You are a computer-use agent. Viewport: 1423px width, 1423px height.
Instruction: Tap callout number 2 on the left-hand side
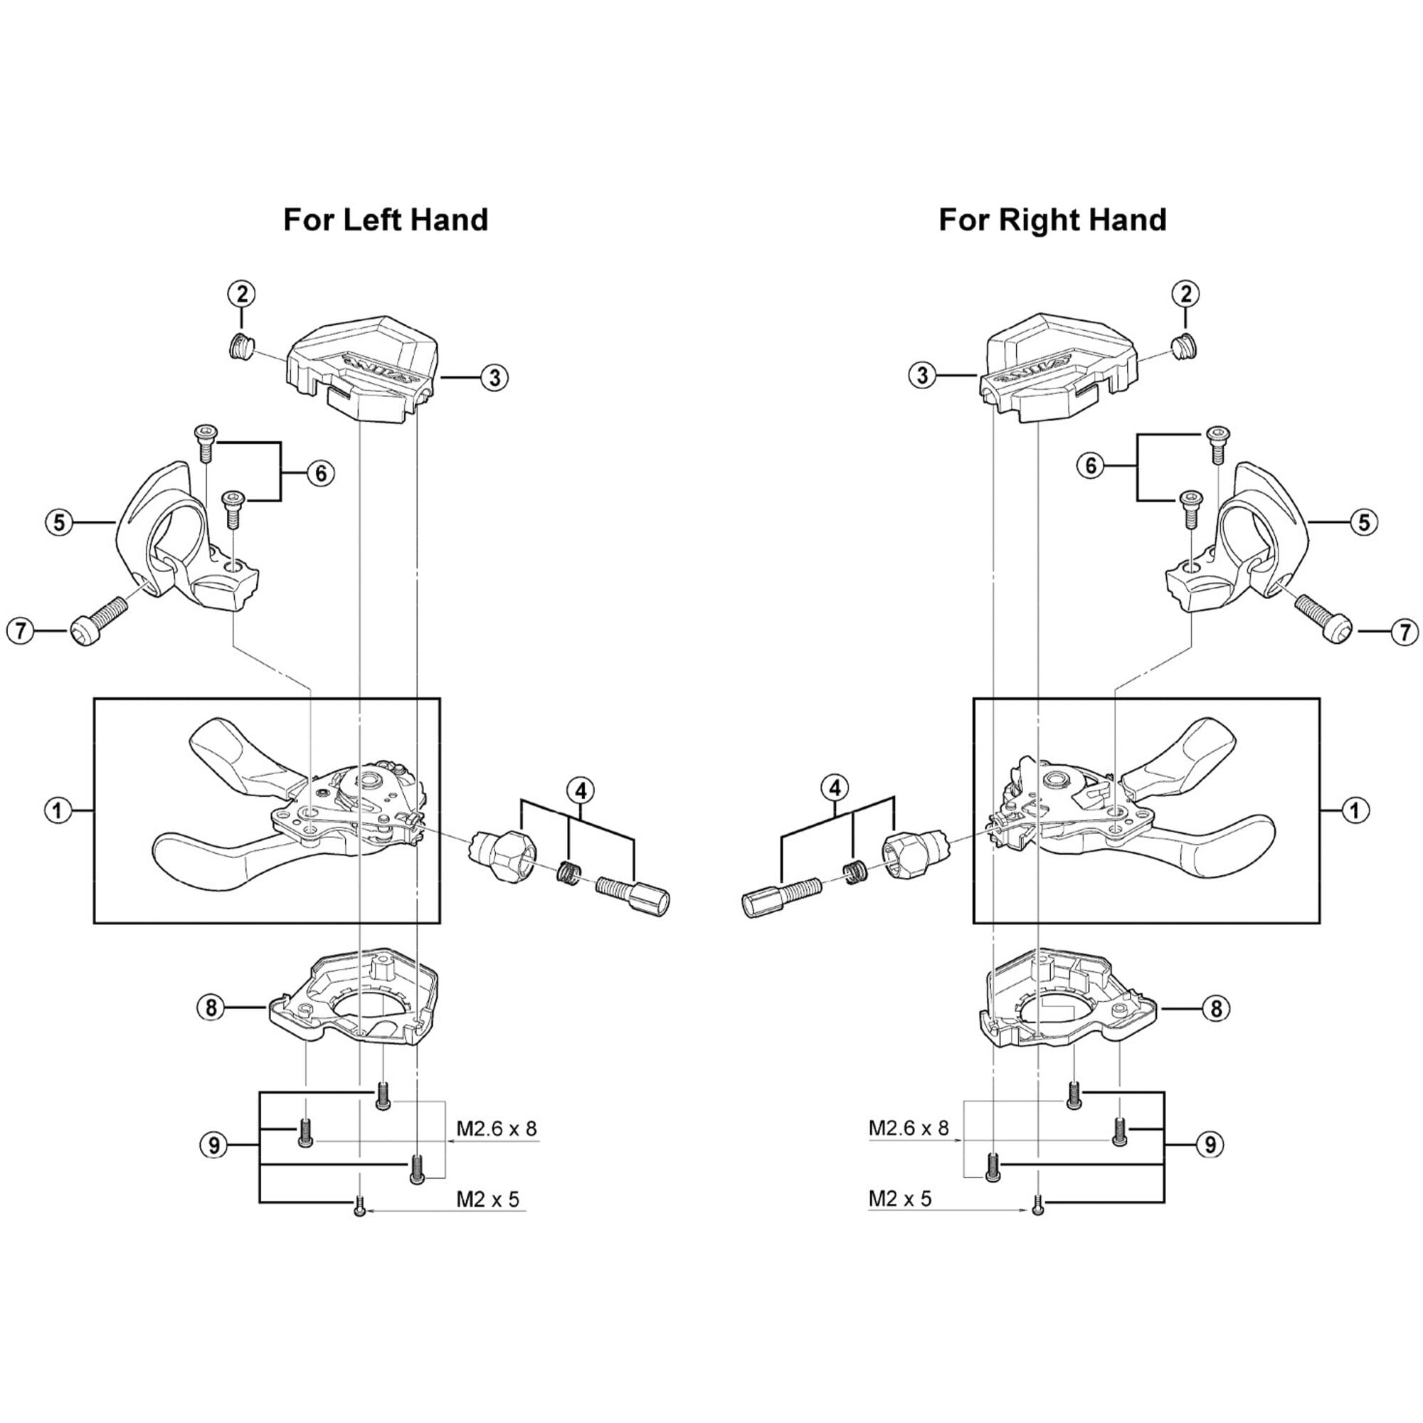[241, 294]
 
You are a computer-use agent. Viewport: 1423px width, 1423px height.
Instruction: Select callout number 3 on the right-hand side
[922, 376]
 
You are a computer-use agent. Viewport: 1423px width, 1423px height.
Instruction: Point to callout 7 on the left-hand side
[21, 631]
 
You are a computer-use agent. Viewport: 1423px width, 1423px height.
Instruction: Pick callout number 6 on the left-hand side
[320, 473]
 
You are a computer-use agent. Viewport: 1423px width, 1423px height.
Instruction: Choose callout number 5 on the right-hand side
[1364, 522]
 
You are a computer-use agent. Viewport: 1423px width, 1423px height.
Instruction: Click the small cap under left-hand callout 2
[240, 346]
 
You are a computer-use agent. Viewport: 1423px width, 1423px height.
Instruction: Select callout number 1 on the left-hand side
[58, 811]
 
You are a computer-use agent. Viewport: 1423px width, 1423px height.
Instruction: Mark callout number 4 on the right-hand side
[835, 788]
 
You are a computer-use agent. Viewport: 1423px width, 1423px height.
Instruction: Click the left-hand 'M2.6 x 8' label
[497, 1128]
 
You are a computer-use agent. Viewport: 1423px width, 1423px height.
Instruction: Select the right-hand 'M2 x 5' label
[900, 1198]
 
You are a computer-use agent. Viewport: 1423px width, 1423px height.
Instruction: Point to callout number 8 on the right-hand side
[1216, 1008]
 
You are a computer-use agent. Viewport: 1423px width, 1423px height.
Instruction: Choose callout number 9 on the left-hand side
[214, 1146]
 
